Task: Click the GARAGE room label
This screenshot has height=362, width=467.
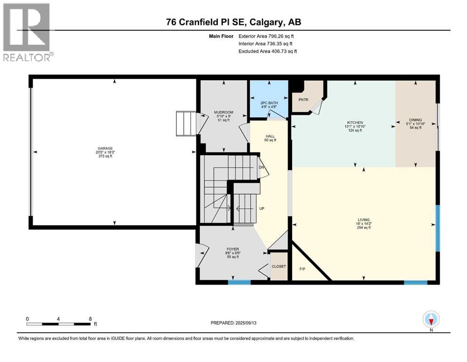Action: (x=105, y=148)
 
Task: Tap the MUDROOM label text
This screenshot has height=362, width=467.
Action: (x=224, y=112)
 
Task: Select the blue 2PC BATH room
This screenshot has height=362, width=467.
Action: (x=269, y=99)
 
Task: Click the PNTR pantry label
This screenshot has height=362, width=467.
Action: (x=303, y=100)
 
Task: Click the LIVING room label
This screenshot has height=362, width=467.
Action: (x=364, y=220)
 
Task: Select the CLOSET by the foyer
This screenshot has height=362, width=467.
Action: (x=278, y=266)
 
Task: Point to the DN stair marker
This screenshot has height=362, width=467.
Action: (x=261, y=167)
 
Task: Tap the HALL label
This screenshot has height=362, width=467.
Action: (x=270, y=136)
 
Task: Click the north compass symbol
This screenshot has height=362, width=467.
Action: (x=431, y=320)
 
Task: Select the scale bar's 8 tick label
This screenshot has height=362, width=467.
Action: (x=90, y=319)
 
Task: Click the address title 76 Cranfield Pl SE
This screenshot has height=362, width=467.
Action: (x=233, y=22)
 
